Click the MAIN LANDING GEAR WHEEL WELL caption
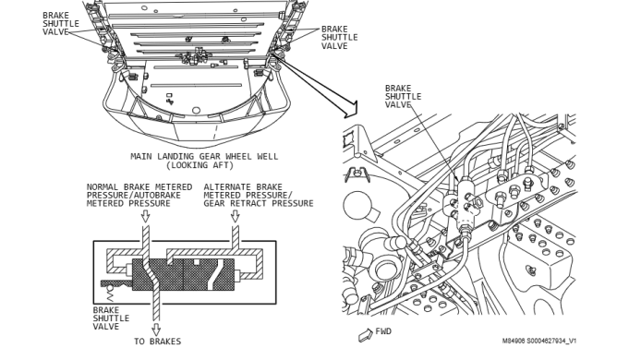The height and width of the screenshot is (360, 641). click(x=204, y=157)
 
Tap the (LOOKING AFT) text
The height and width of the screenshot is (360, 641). click(x=200, y=165)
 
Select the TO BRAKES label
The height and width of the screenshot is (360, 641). click(x=157, y=342)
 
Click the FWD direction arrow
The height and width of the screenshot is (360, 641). click(x=365, y=335)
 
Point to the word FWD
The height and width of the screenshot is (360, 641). click(x=383, y=331)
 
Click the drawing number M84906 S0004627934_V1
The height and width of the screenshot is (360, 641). click(x=539, y=341)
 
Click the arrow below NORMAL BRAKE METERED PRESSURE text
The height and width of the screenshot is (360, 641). click(x=145, y=216)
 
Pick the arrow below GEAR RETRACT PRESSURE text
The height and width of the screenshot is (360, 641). click(x=235, y=216)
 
